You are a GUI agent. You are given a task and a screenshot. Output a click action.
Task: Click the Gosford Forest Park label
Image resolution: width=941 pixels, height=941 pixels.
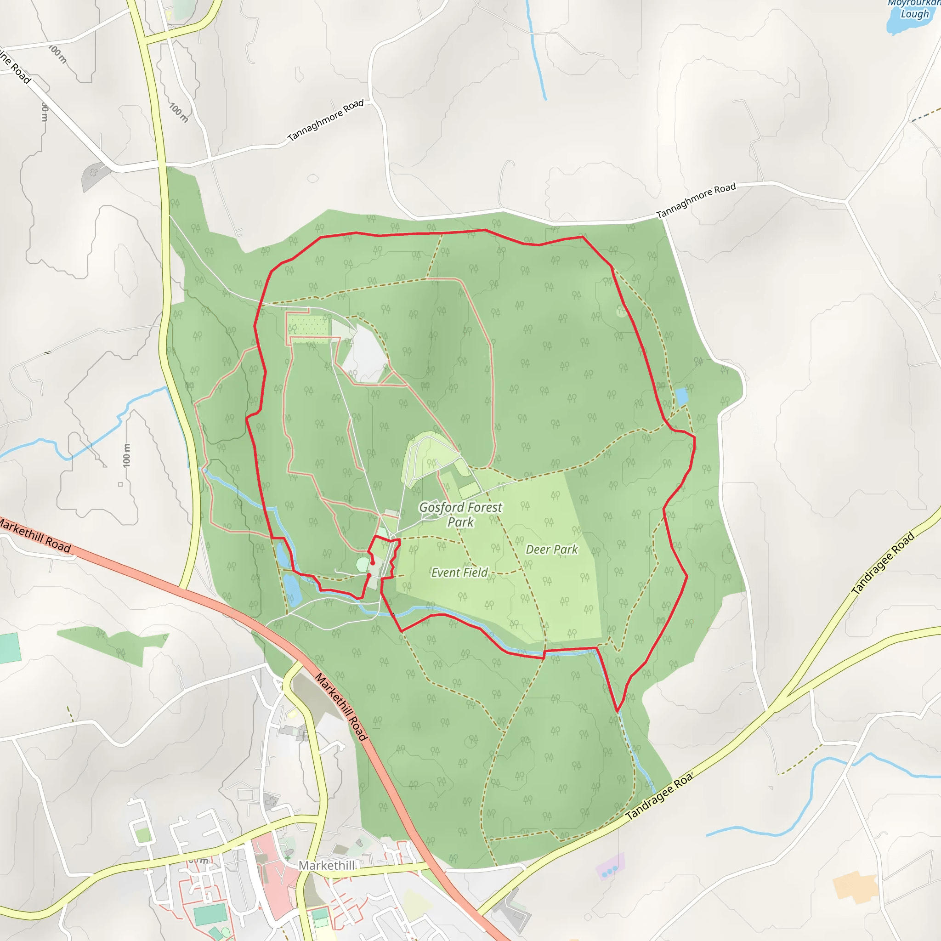click(x=460, y=514)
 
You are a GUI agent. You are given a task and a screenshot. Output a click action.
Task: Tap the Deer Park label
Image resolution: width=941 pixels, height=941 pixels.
click(x=551, y=550)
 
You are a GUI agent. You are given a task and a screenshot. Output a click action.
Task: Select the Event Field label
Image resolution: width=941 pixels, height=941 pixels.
click(x=459, y=573)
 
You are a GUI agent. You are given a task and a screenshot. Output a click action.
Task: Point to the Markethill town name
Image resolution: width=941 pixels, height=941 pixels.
click(x=327, y=866)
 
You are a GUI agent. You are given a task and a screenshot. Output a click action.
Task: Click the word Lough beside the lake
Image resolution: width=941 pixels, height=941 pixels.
click(x=914, y=14)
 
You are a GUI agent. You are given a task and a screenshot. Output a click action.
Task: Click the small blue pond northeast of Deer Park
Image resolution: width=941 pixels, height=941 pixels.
click(x=681, y=397)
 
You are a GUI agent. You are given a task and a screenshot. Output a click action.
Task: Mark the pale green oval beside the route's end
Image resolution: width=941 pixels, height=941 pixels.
click(x=363, y=565)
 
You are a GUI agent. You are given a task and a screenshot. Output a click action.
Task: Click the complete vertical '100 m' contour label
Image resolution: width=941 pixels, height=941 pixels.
click(x=127, y=455)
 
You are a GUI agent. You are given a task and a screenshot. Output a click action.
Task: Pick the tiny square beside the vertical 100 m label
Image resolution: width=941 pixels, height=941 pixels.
click(x=120, y=484)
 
